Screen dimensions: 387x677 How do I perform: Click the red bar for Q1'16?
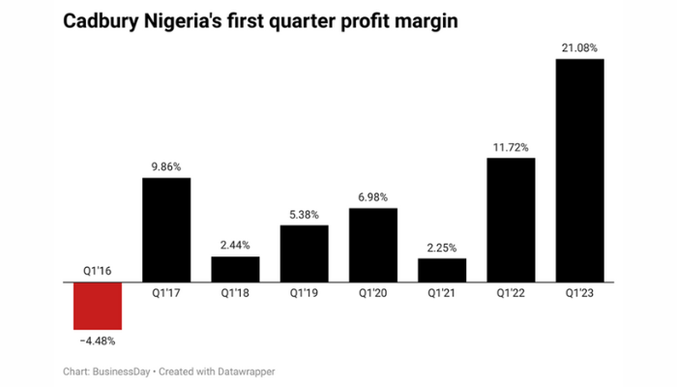tap(97, 304)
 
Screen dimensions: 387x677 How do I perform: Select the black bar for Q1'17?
tap(166, 229)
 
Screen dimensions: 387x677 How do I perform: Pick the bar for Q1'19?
tap(304, 253)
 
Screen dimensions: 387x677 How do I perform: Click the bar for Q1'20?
tap(373, 244)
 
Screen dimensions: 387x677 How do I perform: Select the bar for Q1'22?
tap(511, 219)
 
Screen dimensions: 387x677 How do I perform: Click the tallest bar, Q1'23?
tap(579, 169)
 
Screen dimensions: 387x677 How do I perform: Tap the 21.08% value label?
tap(579, 45)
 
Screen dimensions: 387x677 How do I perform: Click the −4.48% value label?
tap(97, 339)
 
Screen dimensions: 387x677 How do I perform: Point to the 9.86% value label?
tap(166, 164)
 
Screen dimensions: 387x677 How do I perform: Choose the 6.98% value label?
tap(373, 195)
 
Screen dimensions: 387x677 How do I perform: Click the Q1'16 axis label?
tap(97, 272)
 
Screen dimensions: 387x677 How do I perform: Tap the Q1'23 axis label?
tap(579, 290)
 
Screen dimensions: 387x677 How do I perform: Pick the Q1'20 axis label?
tap(373, 290)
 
